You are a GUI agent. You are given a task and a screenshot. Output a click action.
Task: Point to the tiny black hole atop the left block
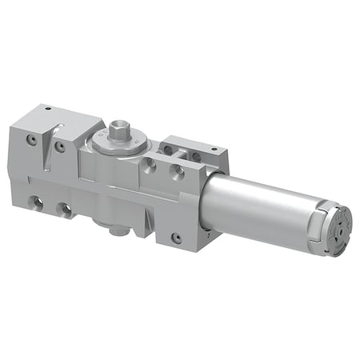48,107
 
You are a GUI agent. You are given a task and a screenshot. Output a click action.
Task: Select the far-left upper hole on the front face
30,138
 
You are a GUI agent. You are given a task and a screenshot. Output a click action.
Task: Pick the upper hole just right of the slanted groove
59,147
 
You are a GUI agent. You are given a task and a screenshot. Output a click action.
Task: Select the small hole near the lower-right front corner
175,238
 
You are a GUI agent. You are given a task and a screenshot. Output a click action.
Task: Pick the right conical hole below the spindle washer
178,172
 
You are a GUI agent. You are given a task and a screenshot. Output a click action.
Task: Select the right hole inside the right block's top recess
192,155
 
